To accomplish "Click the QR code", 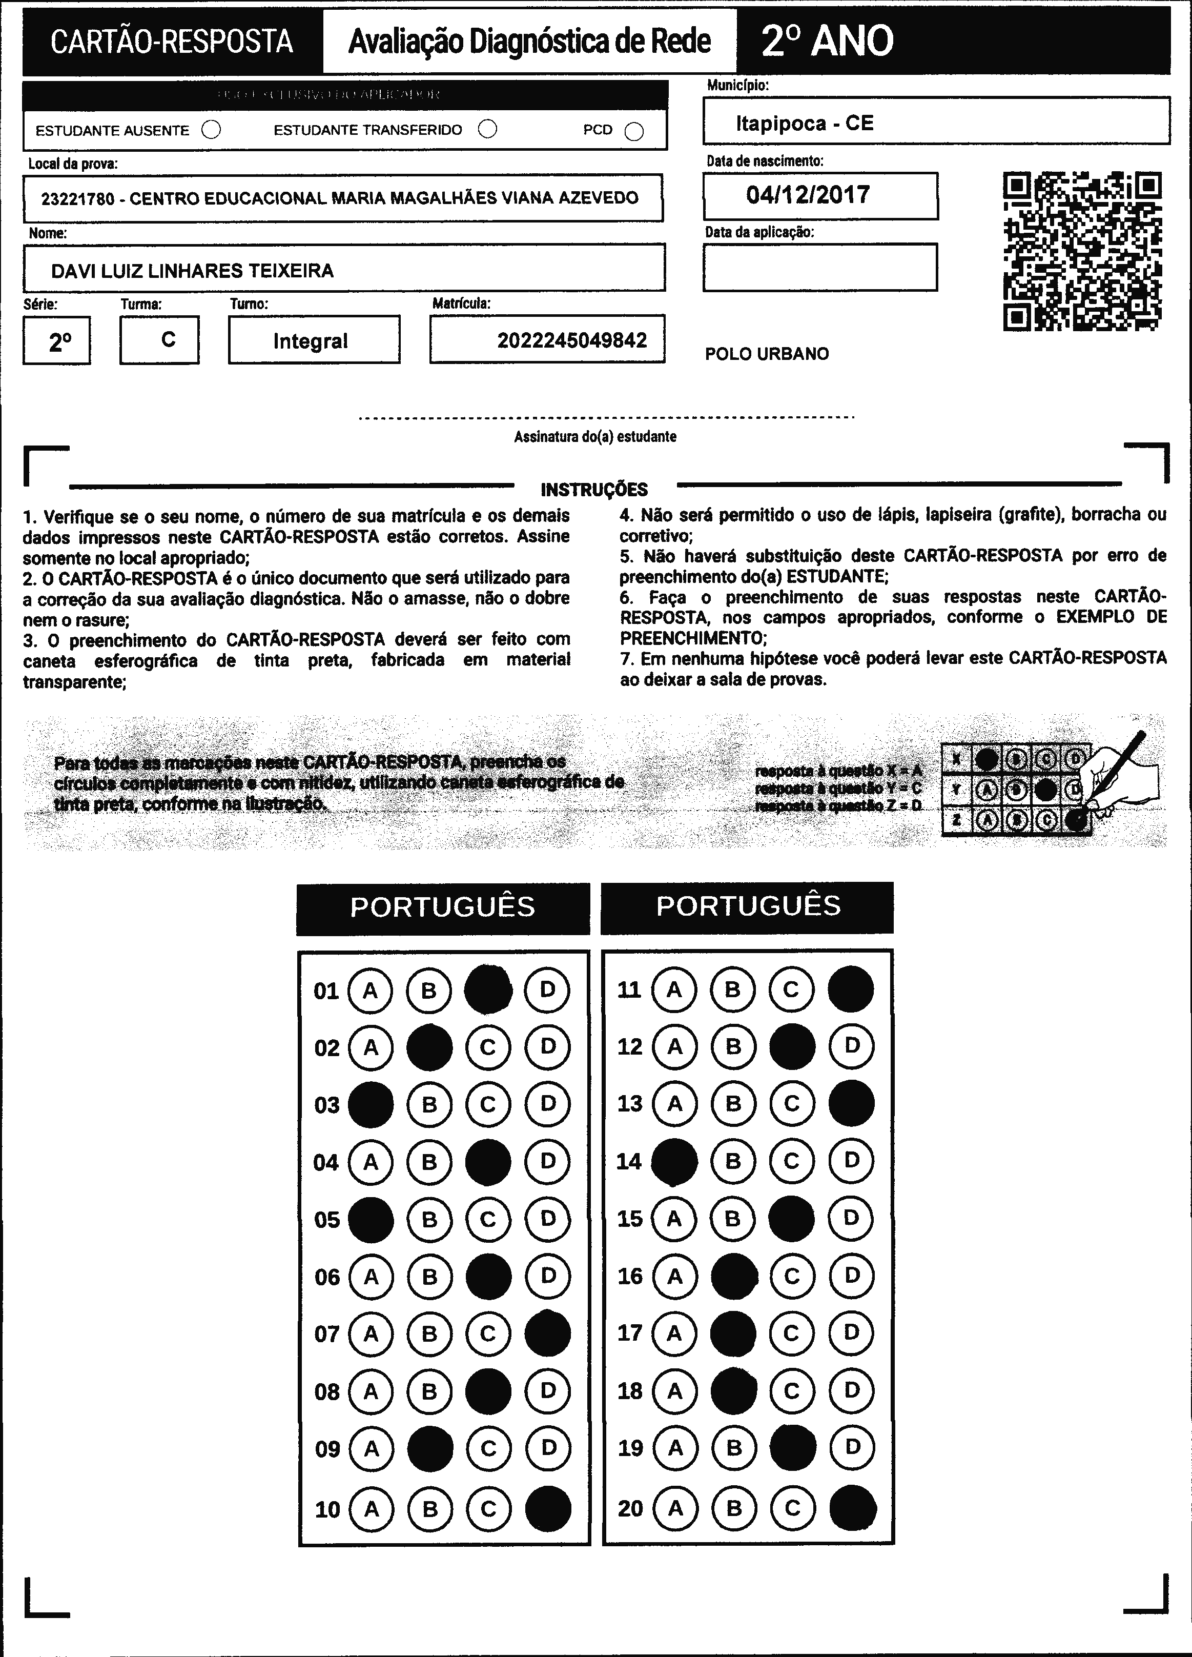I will click(1082, 251).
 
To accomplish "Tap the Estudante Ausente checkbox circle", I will click(211, 130).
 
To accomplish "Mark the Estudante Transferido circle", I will click(487, 129).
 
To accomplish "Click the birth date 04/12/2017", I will click(808, 195).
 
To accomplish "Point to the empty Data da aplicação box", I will click(819, 268).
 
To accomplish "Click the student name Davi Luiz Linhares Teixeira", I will click(192, 271).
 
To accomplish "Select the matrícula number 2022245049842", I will click(572, 340).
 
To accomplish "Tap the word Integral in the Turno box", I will click(311, 341).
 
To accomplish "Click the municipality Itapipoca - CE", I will click(804, 123).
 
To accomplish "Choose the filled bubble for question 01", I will click(488, 990).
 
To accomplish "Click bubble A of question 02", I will click(371, 1048).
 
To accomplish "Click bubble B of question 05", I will click(429, 1219).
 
